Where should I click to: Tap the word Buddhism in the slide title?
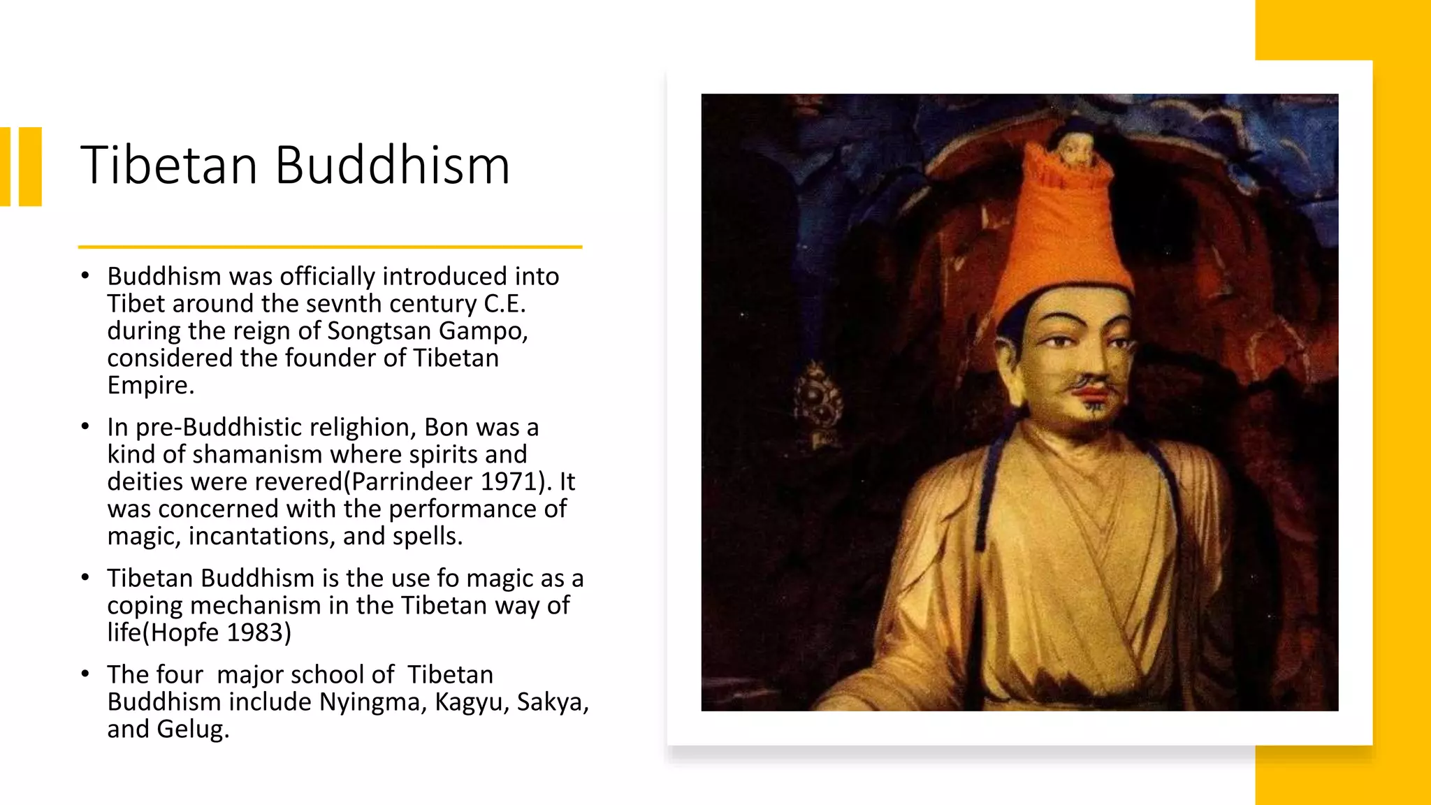pyautogui.click(x=392, y=166)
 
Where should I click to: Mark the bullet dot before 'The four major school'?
pyautogui.click(x=85, y=674)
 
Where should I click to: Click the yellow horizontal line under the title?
pyautogui.click(x=330, y=247)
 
